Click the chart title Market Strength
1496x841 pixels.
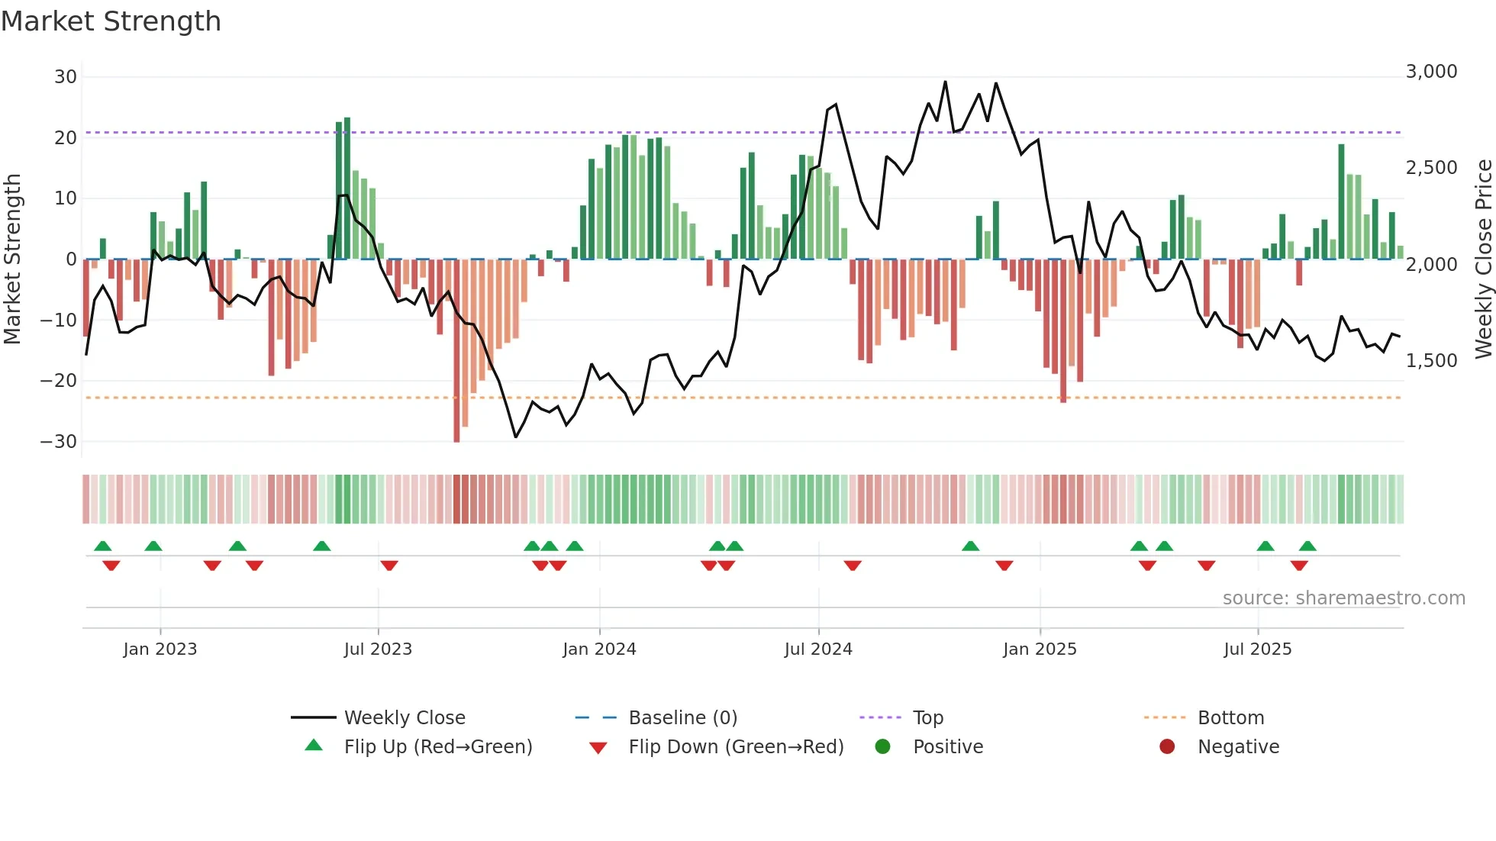pos(111,21)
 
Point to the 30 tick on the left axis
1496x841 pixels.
pos(66,77)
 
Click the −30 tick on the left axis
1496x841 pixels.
pos(59,442)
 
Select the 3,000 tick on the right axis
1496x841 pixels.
pos(1431,72)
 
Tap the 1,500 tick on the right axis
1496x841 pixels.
pos(1431,361)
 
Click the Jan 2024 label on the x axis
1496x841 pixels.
pos(599,649)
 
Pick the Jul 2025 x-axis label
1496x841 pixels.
pos(1257,649)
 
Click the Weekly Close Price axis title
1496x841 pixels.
pos(1483,259)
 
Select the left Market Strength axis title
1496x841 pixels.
pos(12,259)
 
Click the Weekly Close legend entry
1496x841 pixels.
pos(405,718)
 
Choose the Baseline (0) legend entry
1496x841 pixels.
pos(682,718)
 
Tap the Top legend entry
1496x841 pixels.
pos(928,718)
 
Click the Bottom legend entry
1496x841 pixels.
pos(1230,718)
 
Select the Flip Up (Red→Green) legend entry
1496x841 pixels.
pos(437,747)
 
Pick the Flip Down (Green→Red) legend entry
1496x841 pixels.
pos(736,747)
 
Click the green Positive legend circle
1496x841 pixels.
pos(883,747)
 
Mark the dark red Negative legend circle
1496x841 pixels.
pos(1167,747)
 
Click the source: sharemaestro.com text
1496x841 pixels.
pos(1343,598)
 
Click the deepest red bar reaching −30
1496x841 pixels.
pos(456,351)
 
